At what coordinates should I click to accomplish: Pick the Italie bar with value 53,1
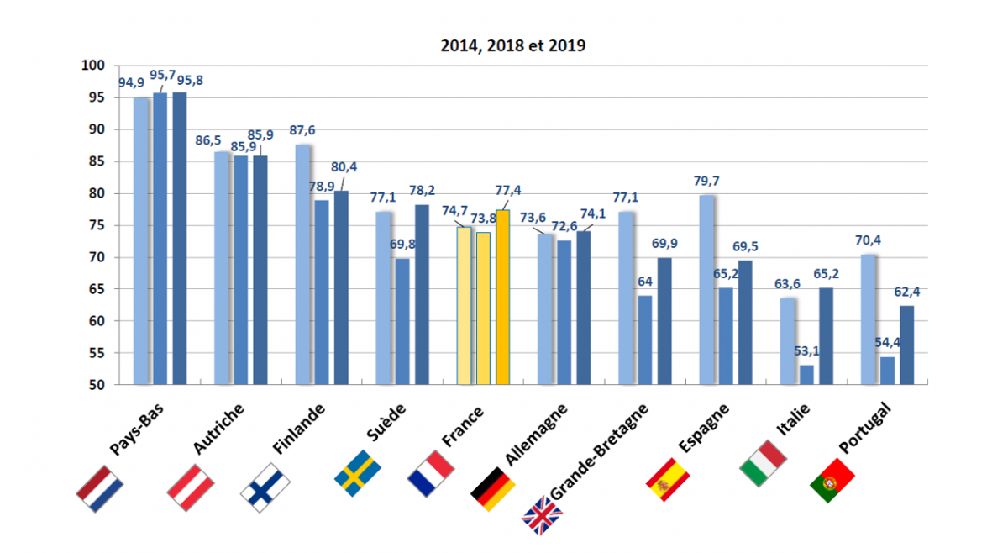[x=806, y=375]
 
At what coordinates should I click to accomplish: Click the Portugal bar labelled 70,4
[x=869, y=319]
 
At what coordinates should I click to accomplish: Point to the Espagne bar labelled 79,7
[x=707, y=290]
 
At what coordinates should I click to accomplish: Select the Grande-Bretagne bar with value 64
[x=645, y=340]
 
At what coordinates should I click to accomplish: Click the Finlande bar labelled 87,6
[x=303, y=265]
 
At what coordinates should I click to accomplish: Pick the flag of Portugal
[x=832, y=482]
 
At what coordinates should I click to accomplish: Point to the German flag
[x=492, y=488]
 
